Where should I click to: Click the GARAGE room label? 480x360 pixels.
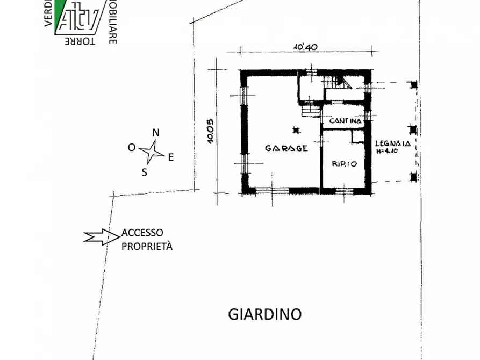point(286,148)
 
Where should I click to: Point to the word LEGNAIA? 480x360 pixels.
point(393,143)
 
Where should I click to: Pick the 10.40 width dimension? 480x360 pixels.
point(305,47)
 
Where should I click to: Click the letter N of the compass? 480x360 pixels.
point(156,133)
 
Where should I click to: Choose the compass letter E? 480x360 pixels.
point(171,157)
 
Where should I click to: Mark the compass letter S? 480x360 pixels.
point(144,172)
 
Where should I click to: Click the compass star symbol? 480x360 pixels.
point(152,152)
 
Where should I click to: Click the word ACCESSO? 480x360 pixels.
point(142,233)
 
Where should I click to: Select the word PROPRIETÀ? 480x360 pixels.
point(147,246)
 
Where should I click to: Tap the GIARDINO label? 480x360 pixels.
point(265,314)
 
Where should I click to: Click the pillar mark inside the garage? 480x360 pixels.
point(295,129)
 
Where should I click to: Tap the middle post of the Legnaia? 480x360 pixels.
point(413,129)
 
